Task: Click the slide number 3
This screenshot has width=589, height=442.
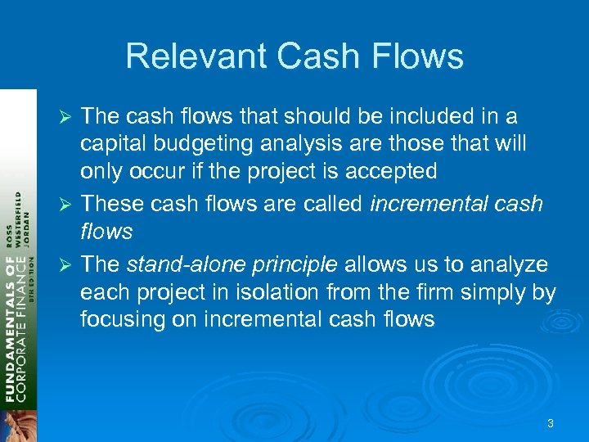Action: pyautogui.click(x=551, y=423)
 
